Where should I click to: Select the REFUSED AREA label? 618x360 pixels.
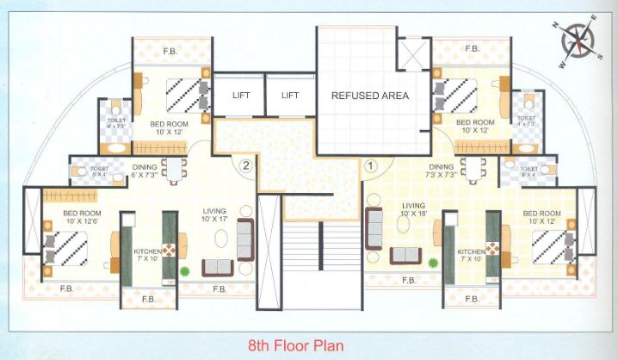point(369,96)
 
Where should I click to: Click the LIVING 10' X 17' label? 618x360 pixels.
point(214,213)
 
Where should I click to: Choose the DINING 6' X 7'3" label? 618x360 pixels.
point(144,171)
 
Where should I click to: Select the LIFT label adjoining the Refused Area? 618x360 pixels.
point(290,96)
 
